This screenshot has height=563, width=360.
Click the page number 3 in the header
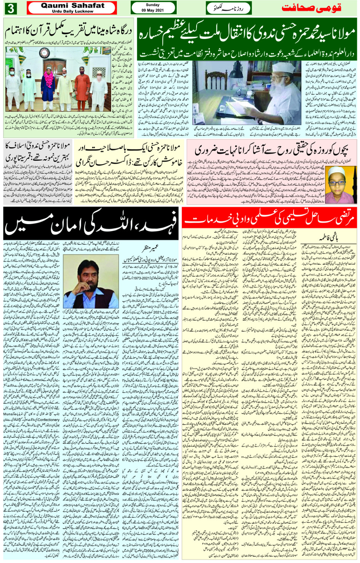point(10,8)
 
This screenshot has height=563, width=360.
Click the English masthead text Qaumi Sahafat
point(72,5)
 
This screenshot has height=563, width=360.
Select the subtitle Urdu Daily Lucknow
point(72,11)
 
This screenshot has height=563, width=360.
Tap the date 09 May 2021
point(153,10)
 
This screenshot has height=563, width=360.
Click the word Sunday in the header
point(153,5)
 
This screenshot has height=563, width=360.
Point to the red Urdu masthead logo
point(311,8)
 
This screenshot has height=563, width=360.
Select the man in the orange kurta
point(82,86)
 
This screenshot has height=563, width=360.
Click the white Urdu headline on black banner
point(91,224)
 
